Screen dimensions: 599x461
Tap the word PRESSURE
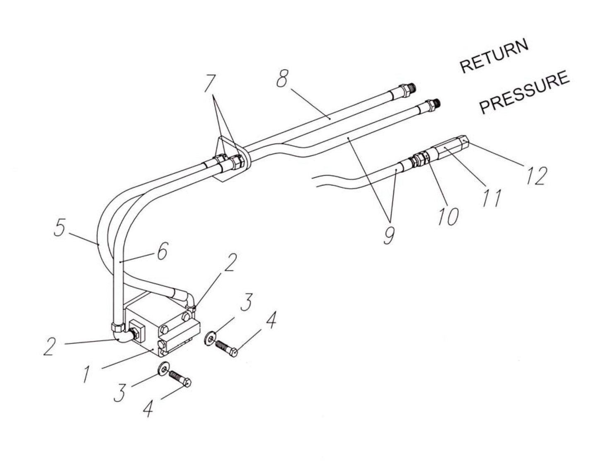coord(524,92)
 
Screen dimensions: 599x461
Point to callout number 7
coord(211,83)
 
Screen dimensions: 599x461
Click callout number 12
coord(534,176)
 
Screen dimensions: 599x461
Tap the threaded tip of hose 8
coord(412,88)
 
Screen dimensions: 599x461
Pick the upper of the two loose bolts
coord(226,349)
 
